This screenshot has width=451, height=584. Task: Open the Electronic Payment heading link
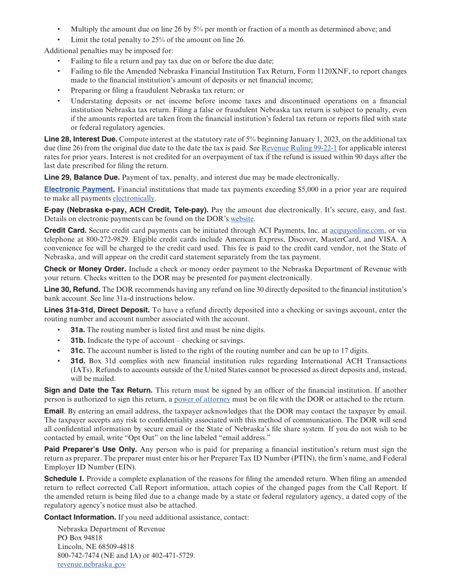pos(79,189)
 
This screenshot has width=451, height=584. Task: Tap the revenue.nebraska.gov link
pos(91,565)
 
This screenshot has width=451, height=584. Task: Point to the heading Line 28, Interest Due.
pos(80,139)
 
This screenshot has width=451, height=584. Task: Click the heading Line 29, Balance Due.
pos(82,178)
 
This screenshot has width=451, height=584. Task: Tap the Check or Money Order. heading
pos(85,269)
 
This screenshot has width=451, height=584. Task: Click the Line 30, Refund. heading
pos(72,290)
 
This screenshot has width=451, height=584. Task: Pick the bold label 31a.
pos(78,330)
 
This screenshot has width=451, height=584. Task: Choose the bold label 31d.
pos(78,361)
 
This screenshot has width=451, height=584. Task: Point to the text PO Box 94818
pos(80,538)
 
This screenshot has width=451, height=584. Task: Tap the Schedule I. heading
pos(64,478)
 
